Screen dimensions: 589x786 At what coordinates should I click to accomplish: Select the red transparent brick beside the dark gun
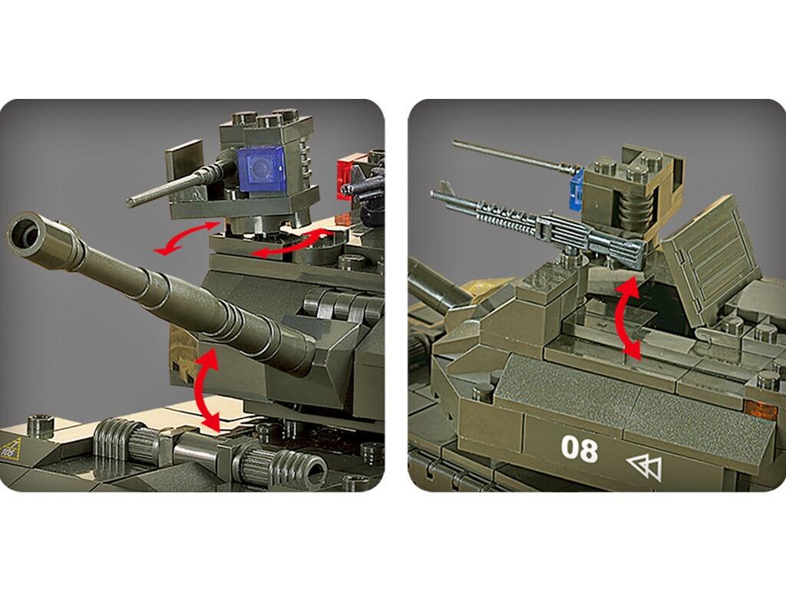point(346,176)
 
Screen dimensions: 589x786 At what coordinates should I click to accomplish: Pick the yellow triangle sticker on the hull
point(12,448)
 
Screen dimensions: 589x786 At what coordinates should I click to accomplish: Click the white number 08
point(579,449)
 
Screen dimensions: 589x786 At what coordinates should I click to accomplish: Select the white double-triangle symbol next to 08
point(643,466)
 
